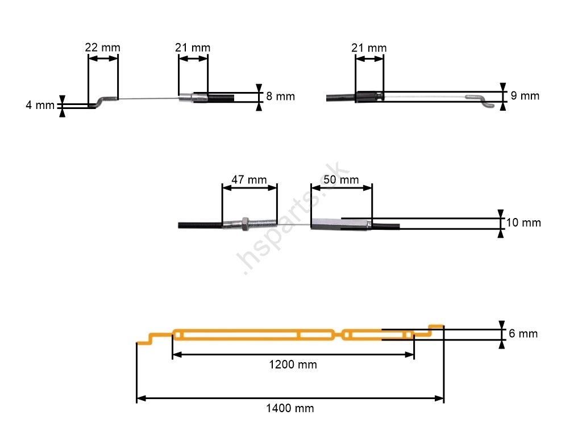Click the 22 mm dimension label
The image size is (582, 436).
(102, 48)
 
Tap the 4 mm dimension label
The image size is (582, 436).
(40, 105)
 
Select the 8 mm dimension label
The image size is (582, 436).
(281, 97)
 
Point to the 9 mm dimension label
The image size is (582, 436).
(525, 95)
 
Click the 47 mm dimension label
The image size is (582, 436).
(249, 180)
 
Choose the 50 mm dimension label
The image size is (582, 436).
(341, 180)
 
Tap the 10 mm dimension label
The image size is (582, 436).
(523, 223)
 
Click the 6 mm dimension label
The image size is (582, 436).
(523, 334)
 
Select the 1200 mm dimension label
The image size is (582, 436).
(293, 364)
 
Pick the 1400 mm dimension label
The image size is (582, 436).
(290, 408)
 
